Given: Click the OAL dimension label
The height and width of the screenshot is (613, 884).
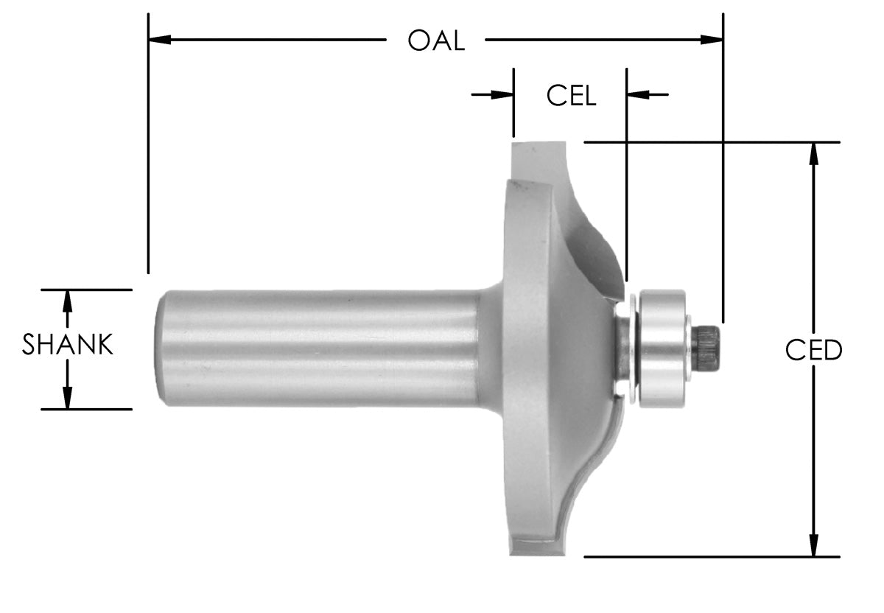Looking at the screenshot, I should pyautogui.click(x=436, y=41).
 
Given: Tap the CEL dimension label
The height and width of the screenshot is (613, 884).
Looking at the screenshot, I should pyautogui.click(x=571, y=96).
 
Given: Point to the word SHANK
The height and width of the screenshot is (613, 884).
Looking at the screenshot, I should pyautogui.click(x=68, y=345).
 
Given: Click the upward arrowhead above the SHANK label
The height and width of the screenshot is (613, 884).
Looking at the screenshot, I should pyautogui.click(x=68, y=301).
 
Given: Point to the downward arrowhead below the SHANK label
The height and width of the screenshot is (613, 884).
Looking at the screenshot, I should pyautogui.click(x=68, y=398).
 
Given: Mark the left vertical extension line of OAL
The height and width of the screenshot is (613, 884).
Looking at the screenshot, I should pyautogui.click(x=148, y=147).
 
